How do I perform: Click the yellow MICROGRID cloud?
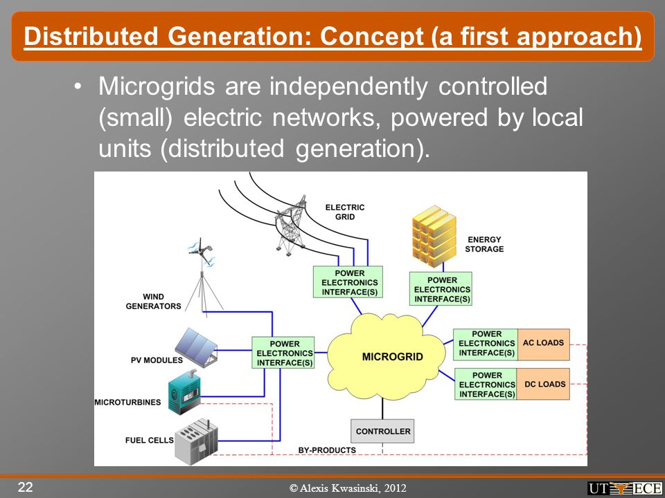tap(385, 357)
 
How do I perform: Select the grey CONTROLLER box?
tap(382, 431)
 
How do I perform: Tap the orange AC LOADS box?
tap(543, 344)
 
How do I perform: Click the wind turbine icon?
tap(202, 275)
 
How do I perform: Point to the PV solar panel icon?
tap(197, 346)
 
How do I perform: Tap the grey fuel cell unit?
tap(196, 441)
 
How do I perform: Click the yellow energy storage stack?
tap(434, 236)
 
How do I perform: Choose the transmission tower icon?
tap(291, 225)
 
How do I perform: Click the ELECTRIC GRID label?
tap(345, 212)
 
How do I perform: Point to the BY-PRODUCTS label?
tap(327, 450)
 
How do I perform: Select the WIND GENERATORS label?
tap(154, 301)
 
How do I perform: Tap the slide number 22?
tap(25, 487)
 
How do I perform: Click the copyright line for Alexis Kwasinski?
tap(348, 488)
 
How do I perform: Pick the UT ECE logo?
tap(624, 488)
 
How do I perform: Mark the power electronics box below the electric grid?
tap(348, 282)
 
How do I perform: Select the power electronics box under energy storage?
tap(441, 289)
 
